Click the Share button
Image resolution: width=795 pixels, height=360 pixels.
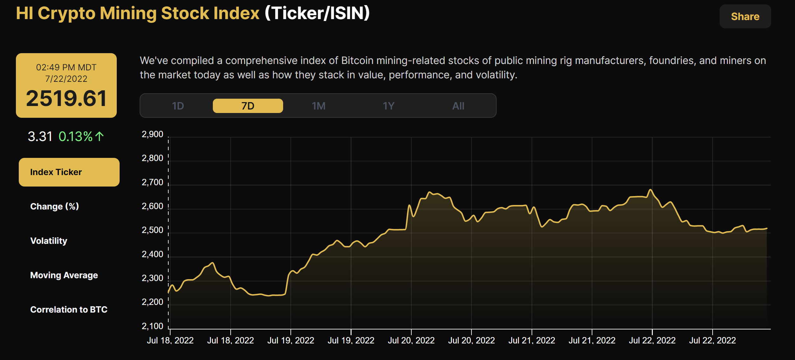point(745,17)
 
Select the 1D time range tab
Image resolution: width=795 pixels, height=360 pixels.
point(178,106)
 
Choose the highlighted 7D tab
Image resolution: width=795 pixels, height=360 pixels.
point(248,106)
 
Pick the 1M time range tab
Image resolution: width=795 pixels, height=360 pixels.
point(318,106)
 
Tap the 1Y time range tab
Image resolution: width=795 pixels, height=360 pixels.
point(388,106)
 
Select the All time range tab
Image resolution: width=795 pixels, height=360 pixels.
point(458,106)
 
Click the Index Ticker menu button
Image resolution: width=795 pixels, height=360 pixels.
point(69,172)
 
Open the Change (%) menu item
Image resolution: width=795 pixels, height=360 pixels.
point(54,207)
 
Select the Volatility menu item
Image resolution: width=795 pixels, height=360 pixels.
point(49,241)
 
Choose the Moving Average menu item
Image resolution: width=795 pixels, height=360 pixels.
point(64,275)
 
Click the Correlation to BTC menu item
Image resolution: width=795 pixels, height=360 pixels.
point(69,310)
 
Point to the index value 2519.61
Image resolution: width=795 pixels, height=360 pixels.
point(66,98)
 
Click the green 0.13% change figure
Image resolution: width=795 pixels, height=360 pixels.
point(75,137)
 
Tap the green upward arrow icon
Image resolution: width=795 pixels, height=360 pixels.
point(100,137)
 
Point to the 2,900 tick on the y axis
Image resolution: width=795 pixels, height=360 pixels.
point(152,134)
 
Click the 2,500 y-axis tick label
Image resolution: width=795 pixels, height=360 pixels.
point(152,230)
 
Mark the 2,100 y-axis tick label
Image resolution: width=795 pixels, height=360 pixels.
point(152,326)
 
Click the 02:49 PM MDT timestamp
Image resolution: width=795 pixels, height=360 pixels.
point(66,67)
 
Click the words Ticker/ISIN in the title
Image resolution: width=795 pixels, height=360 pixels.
point(317,13)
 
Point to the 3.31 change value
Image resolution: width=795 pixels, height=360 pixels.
point(40,137)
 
